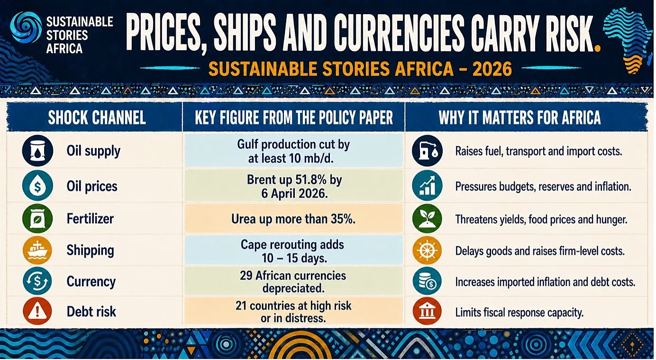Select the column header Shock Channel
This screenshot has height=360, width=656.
tap(97, 117)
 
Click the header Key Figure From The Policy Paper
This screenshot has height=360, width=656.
tap(294, 117)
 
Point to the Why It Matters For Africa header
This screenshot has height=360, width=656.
tap(519, 117)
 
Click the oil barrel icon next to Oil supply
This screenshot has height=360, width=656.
tap(37, 151)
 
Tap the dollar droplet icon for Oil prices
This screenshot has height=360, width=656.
tap(37, 186)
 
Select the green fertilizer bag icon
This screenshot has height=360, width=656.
tap(37, 218)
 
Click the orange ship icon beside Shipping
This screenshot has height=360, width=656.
tap(37, 250)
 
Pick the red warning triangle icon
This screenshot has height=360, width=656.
tap(37, 311)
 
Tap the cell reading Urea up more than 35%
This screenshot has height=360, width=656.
tap(293, 219)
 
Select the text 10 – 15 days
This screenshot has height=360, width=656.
tap(294, 258)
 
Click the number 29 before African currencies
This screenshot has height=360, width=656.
tap(246, 275)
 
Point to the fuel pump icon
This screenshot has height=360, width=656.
tap(427, 151)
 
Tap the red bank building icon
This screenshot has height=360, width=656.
tap(427, 311)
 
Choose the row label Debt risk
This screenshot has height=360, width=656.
tap(91, 311)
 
